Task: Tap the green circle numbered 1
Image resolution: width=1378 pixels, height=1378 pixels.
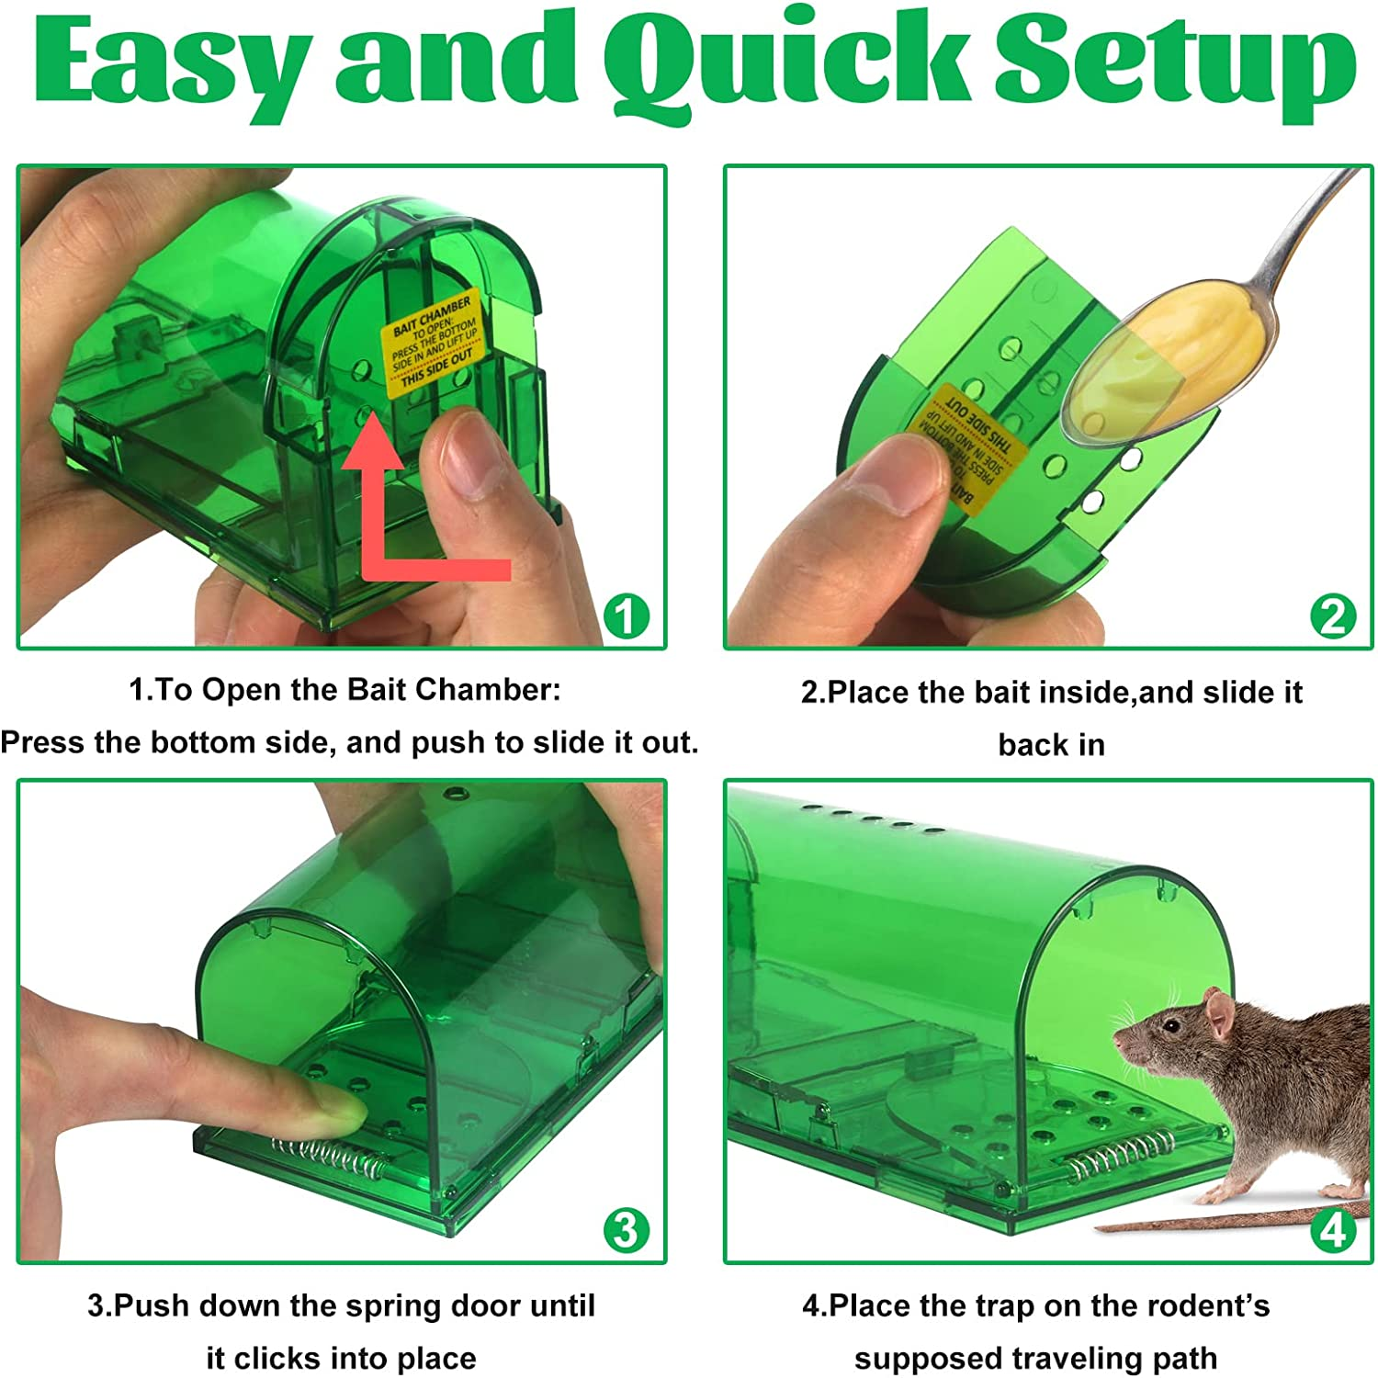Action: click(x=626, y=616)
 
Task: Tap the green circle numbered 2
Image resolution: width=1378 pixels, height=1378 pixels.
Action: click(x=1332, y=616)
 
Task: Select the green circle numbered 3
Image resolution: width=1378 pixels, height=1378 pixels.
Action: click(x=626, y=1229)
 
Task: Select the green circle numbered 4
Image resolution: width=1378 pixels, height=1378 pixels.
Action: click(x=1332, y=1229)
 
